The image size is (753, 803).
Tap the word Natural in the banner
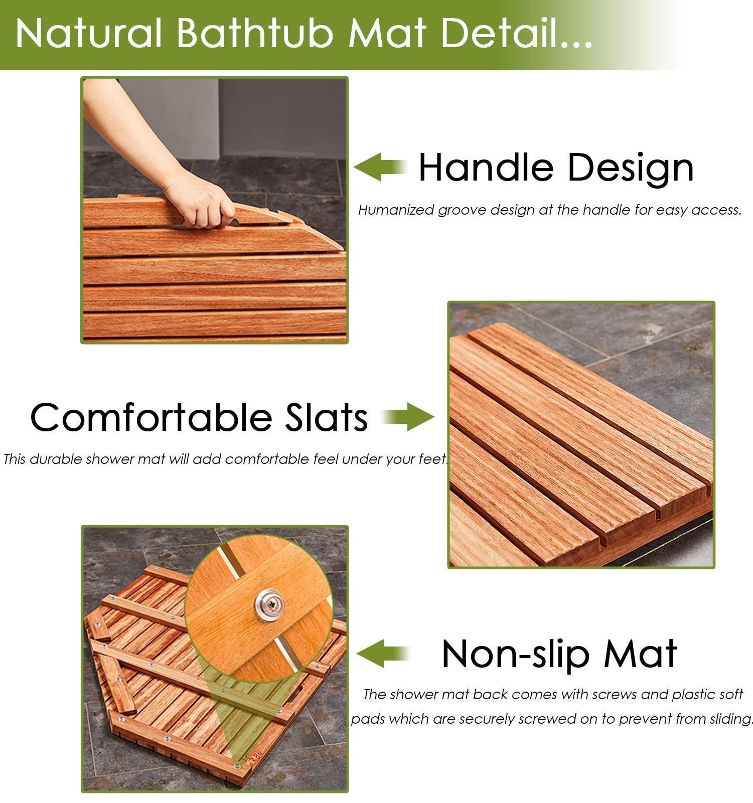[x=89, y=34]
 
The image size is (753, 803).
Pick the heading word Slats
[x=326, y=417]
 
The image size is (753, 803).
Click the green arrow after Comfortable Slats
[x=407, y=417]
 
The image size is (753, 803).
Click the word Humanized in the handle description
[x=396, y=210]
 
